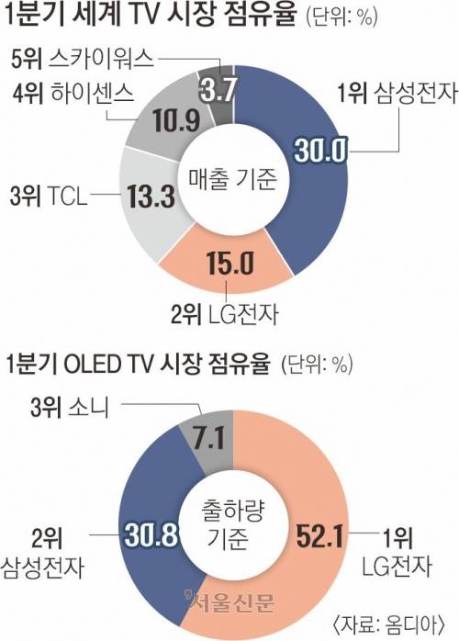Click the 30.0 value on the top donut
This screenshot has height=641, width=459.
coord(317,151)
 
